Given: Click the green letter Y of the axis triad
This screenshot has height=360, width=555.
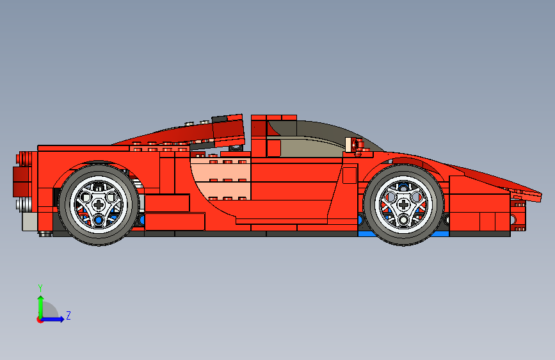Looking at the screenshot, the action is (40, 288).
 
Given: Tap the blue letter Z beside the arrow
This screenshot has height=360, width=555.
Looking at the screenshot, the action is (68, 316).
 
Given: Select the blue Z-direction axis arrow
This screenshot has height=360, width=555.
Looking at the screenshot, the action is (56, 318).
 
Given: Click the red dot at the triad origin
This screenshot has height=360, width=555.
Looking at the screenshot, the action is (40, 319).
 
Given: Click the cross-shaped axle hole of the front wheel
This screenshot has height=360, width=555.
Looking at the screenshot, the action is (405, 204).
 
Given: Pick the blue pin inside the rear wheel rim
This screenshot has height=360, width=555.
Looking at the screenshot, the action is (99, 220).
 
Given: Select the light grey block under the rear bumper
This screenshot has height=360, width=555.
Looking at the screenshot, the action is (29, 221).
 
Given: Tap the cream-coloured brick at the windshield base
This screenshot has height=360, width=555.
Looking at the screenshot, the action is (351, 144).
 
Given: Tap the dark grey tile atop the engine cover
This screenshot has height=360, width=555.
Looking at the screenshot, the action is (223, 119).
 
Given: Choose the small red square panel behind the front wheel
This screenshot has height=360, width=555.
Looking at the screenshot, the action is (349, 175).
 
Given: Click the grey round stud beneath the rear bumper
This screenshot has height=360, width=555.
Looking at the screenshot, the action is (45, 234).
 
